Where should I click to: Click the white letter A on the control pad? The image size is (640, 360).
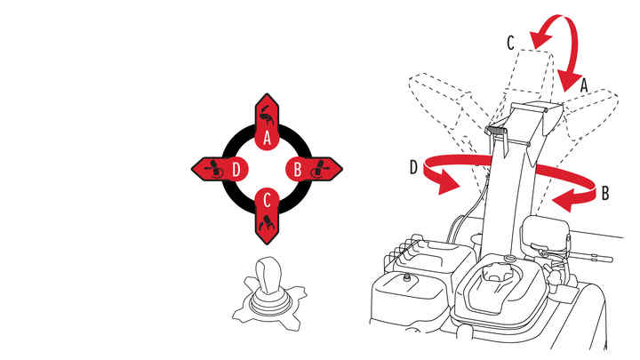(267, 138)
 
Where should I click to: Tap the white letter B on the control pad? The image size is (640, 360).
(298, 169)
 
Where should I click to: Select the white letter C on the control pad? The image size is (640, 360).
(267, 200)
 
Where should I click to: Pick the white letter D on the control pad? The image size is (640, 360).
(236, 169)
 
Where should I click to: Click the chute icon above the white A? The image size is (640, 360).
(267, 116)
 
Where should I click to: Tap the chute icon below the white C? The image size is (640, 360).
(267, 223)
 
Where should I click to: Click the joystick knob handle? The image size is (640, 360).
(267, 275)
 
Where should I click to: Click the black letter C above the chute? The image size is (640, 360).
(510, 43)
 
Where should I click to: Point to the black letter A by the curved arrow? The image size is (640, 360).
(584, 85)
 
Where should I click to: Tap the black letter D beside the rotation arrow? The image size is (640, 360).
(414, 167)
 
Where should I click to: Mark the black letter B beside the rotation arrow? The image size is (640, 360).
(605, 193)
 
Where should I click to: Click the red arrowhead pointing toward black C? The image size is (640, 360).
(540, 38)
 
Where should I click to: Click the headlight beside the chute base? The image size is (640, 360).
(545, 235)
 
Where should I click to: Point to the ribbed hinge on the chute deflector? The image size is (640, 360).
(495, 130)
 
